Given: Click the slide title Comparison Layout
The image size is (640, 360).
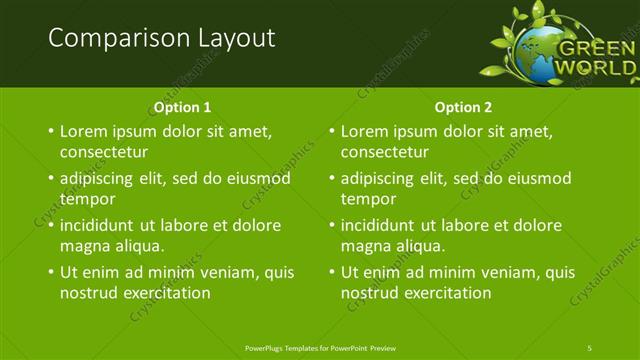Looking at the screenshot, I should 161,38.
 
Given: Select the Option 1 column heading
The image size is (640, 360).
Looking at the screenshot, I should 182,107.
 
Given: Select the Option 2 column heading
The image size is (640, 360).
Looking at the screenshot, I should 463,107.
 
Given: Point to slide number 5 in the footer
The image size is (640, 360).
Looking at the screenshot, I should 590,347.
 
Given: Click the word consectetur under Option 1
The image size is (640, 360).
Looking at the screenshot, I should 104,153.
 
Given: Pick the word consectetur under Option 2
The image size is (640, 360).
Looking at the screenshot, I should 385,153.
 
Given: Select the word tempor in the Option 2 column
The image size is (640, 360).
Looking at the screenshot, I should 368,199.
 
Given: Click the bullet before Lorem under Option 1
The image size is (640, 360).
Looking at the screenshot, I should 51,132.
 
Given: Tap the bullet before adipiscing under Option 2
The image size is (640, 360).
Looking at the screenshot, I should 332,179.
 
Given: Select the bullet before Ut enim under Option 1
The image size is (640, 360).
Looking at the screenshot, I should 51,272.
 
